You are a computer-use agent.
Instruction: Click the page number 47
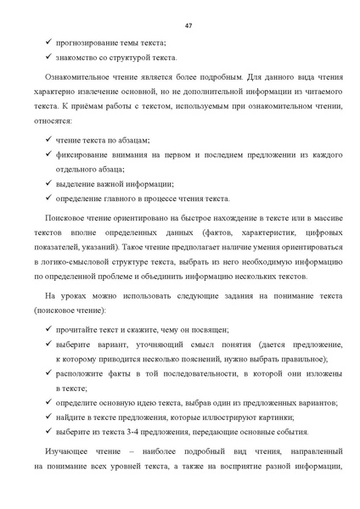(x=188, y=25)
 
